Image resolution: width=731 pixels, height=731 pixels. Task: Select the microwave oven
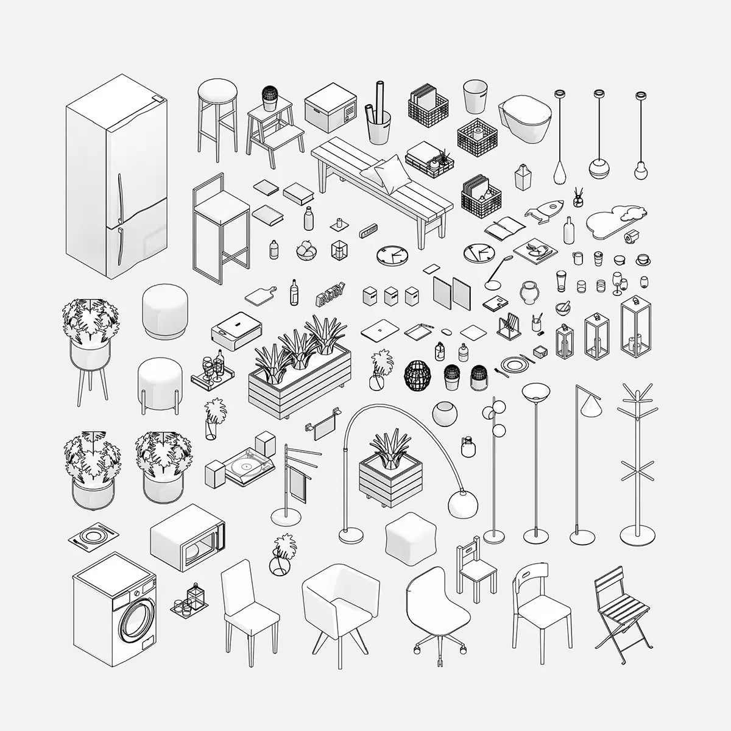[187, 537]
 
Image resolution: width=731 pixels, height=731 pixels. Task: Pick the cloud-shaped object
[614, 220]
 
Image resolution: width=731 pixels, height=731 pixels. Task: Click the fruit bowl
[306, 250]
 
